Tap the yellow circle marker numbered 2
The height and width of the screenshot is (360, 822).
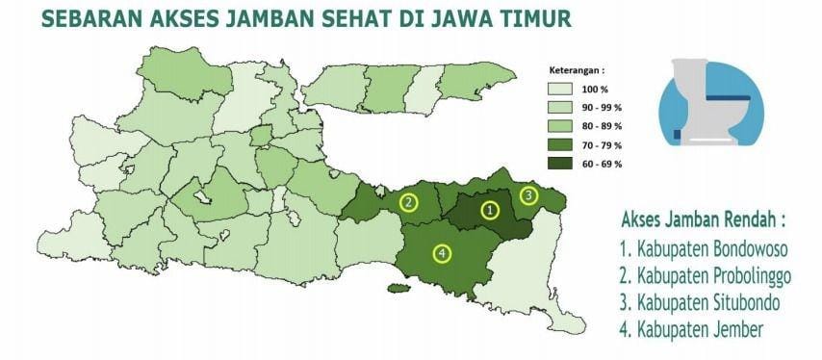(x=410, y=202)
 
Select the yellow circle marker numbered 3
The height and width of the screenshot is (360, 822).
(x=528, y=195)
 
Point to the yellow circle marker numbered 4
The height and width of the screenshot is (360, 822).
(x=442, y=253)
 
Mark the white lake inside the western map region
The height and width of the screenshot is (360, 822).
(x=203, y=197)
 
